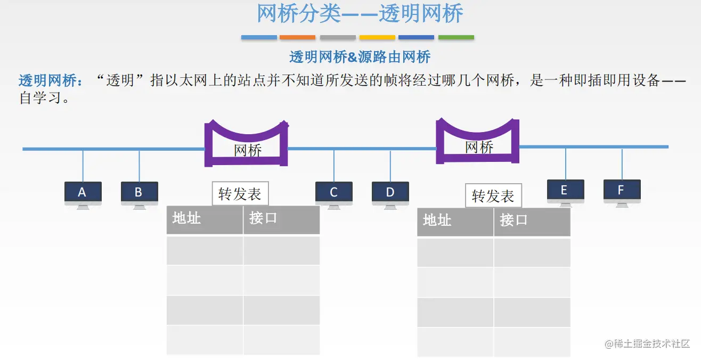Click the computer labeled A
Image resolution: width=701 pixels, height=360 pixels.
click(83, 193)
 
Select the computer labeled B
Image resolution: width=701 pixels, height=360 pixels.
click(139, 193)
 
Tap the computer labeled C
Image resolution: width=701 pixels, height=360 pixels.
click(334, 193)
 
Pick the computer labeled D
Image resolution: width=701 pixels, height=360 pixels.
click(390, 193)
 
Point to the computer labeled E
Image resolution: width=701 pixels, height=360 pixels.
click(565, 191)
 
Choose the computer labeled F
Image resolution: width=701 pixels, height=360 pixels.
click(622, 191)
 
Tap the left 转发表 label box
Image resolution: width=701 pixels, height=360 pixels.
click(240, 194)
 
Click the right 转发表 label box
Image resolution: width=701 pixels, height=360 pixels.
click(493, 197)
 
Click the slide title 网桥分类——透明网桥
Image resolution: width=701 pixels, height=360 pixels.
click(360, 14)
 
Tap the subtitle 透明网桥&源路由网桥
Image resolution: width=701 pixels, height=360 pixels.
click(360, 57)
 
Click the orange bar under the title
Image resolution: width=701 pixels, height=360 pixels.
click(297, 37)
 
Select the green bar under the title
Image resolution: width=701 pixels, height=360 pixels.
click(456, 37)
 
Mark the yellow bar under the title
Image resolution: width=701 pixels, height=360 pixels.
click(377, 37)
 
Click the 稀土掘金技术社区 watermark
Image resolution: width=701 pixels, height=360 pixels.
click(647, 343)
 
